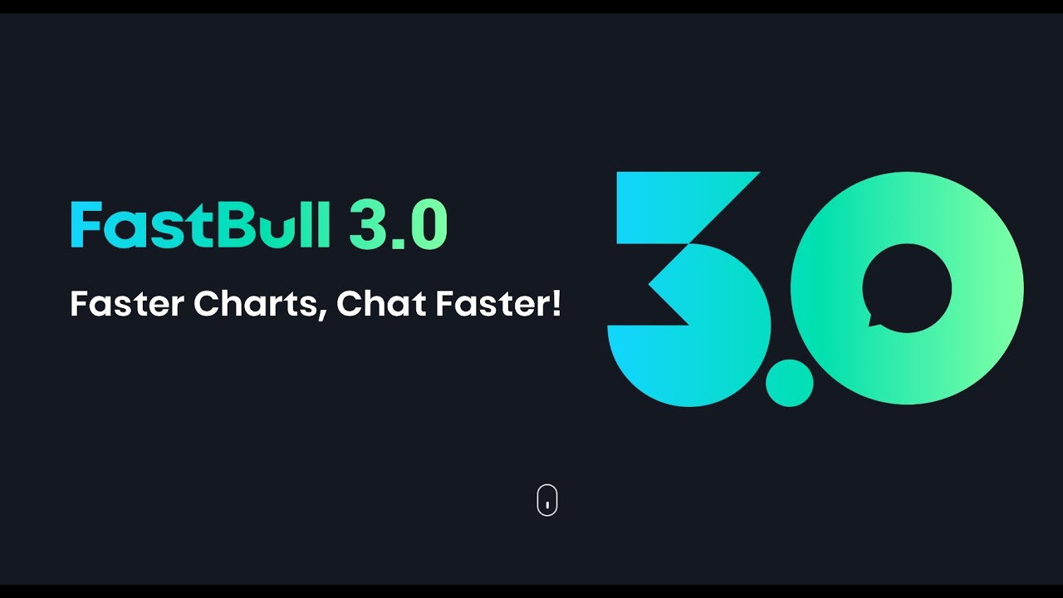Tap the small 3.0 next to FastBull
tap(399, 225)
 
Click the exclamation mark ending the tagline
tap(556, 304)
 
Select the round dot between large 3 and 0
tap(789, 383)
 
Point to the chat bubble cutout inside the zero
tap(907, 287)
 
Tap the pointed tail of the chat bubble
tap(873, 321)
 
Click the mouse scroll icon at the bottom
tap(547, 501)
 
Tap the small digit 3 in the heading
tap(365, 225)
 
